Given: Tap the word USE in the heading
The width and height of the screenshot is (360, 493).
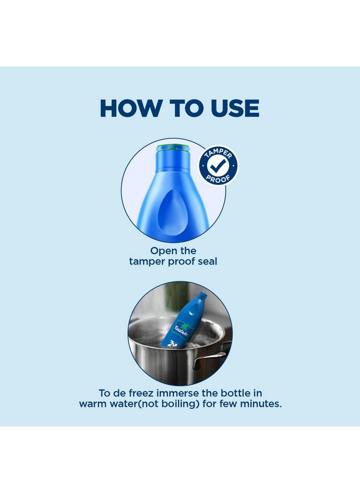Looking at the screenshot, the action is (235, 108).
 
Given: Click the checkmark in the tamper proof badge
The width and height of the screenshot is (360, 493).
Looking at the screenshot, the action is (219, 165).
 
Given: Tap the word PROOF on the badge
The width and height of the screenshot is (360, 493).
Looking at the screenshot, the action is (218, 178).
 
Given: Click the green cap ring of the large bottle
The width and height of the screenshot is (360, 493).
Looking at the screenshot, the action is (174, 148).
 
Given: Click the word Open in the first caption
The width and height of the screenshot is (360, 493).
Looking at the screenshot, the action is (161, 251).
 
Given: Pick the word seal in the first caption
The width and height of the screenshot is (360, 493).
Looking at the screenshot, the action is (207, 261).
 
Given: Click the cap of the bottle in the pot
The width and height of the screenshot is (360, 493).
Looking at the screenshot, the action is (203, 295).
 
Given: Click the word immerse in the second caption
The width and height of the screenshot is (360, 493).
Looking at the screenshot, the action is (178, 393).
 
